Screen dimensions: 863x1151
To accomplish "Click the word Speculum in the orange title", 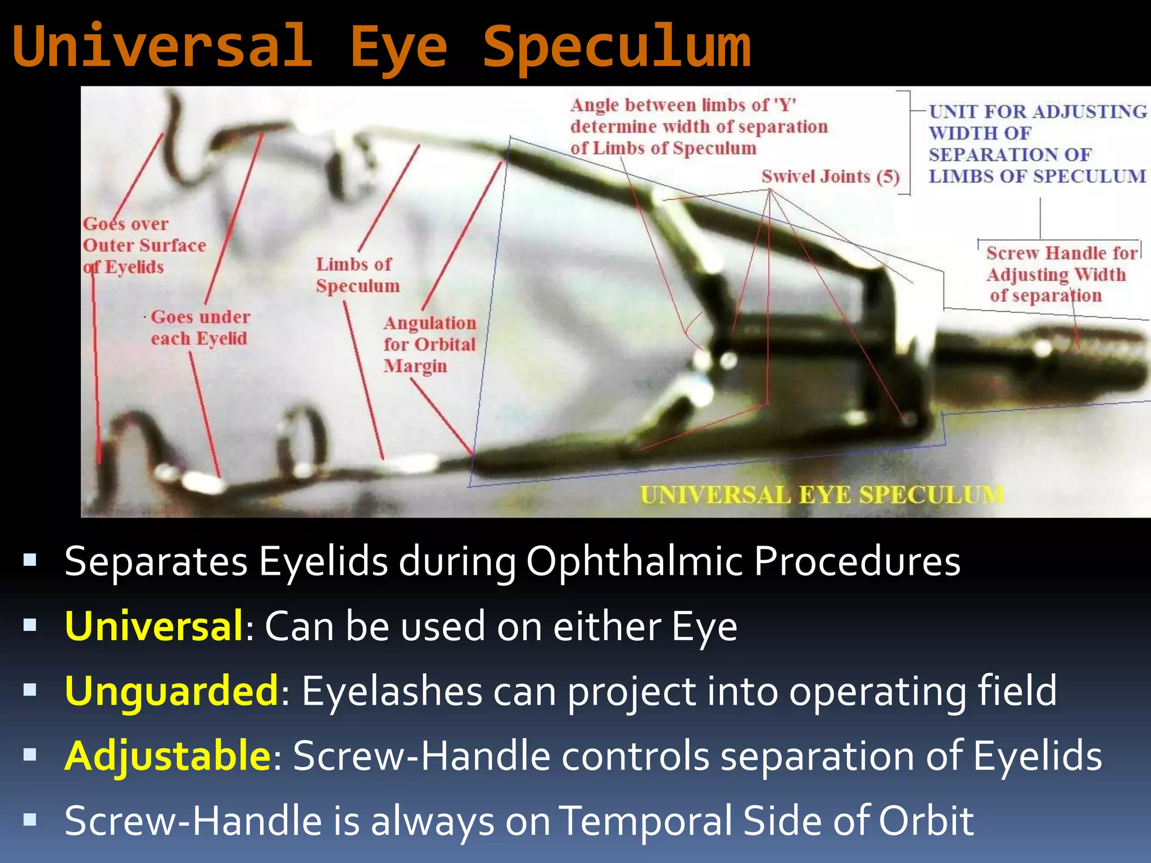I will [x=617, y=48].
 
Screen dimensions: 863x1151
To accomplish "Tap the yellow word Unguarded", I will [x=171, y=691].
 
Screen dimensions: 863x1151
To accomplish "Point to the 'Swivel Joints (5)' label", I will [x=830, y=176].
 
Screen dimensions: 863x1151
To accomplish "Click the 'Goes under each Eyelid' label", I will [x=200, y=328].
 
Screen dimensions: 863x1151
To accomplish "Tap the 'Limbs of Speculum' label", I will [x=357, y=275].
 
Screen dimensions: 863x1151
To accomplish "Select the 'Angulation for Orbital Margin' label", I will [x=430, y=344].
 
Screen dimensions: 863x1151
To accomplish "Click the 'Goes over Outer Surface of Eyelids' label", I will [x=143, y=246].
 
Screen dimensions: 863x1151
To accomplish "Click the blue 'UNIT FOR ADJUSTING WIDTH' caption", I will [x=1037, y=144].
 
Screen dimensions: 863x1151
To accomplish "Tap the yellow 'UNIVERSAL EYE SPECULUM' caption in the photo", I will [x=821, y=494].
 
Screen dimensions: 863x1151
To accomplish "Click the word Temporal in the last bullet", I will [x=646, y=820].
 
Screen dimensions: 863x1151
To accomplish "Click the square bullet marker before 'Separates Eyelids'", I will [x=30, y=560].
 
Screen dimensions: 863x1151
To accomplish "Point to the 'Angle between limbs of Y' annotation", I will [x=699, y=126].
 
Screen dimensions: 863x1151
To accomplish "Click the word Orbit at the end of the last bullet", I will [x=926, y=820].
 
